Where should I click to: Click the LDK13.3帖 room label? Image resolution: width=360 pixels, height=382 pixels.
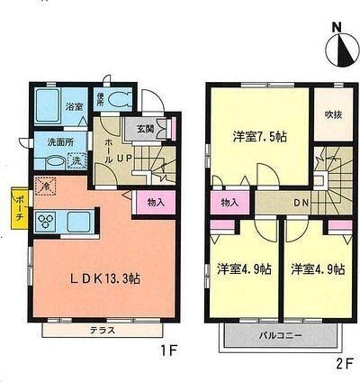[106, 278]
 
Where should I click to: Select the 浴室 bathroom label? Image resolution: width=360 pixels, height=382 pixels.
[74, 107]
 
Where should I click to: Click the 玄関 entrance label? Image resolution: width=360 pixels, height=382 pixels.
[145, 129]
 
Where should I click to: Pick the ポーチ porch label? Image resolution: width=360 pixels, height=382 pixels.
[17, 211]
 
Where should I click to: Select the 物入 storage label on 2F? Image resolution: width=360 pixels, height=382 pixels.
[229, 203]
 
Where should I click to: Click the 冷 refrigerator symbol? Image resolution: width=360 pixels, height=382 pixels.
[44, 185]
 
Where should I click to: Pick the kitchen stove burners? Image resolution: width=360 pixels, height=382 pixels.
[47, 221]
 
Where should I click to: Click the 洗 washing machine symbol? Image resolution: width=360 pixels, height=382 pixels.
[76, 161]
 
